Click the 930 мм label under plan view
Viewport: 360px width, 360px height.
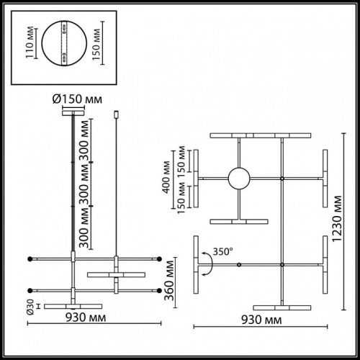click(x=261, y=318)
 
